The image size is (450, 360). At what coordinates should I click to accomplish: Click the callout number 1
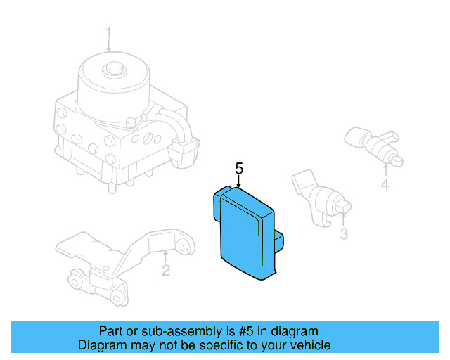click(109, 32)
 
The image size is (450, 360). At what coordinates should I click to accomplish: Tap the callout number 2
click(166, 269)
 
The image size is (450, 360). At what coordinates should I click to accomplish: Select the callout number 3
click(344, 233)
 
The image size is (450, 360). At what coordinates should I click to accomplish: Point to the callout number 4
click(385, 185)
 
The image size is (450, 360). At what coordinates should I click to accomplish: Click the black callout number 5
click(239, 168)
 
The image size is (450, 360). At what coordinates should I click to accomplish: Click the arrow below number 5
click(239, 181)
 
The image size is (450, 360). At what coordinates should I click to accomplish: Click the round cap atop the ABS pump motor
click(111, 70)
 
